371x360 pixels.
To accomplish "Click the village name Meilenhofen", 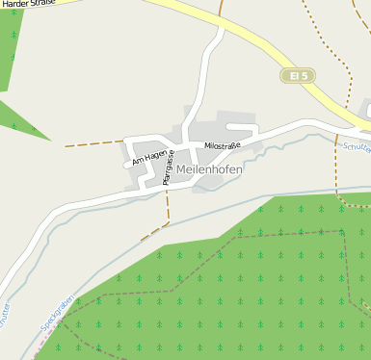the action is click(x=210, y=169).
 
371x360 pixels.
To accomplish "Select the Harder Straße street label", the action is click(x=26, y=5).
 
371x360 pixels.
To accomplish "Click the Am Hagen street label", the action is click(x=149, y=153).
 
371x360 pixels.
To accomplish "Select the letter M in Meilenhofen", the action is click(x=183, y=169).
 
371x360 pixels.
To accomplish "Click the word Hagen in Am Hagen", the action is click(x=155, y=149).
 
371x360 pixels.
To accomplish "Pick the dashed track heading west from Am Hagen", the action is click(x=92, y=144).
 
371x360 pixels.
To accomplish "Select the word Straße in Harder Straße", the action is click(x=39, y=5).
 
